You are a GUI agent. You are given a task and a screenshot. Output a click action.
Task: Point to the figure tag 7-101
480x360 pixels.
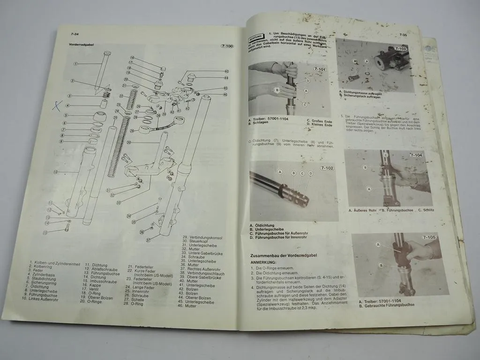coord(320,69)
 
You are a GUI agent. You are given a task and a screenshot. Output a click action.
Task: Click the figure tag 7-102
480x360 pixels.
coord(327,168)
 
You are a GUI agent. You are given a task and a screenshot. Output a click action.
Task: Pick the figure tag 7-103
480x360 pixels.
coord(401,48)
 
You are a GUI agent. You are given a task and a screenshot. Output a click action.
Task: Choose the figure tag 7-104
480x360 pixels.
coord(416,155)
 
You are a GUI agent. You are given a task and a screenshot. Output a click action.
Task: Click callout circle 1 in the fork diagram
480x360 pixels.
coord(75,63)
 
